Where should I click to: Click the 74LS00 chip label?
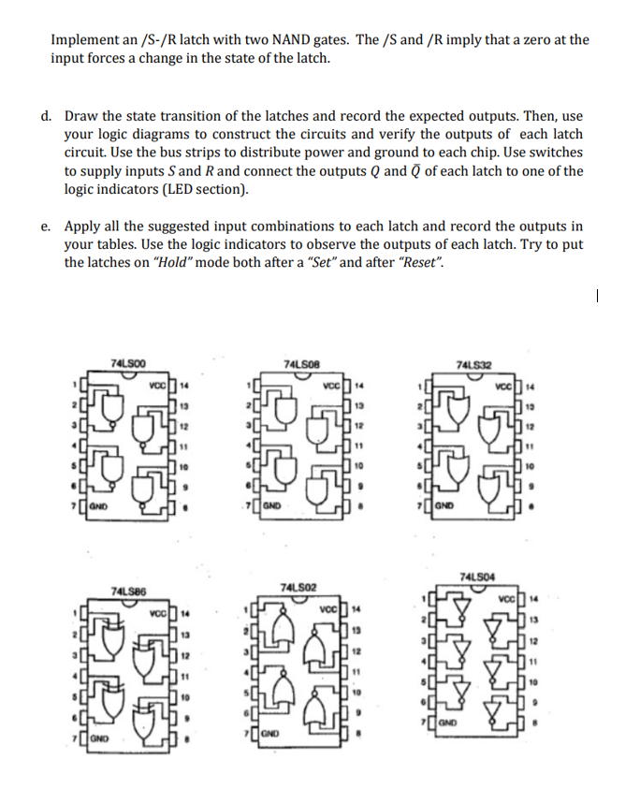click(127, 362)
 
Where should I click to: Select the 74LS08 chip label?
click(299, 362)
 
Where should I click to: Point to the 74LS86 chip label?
click(126, 591)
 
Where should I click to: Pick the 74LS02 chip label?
click(298, 586)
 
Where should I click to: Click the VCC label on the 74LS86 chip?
click(159, 613)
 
